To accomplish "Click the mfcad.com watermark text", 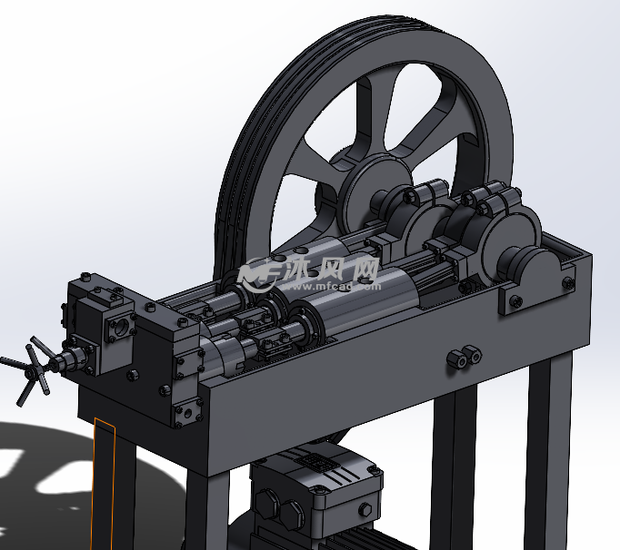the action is pos(331,286).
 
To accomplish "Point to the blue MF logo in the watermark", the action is pos(260,273).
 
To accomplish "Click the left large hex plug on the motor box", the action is pos(265,505).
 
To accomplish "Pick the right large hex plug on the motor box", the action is pos(292,514).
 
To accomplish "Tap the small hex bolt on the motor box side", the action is pos(365,509).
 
